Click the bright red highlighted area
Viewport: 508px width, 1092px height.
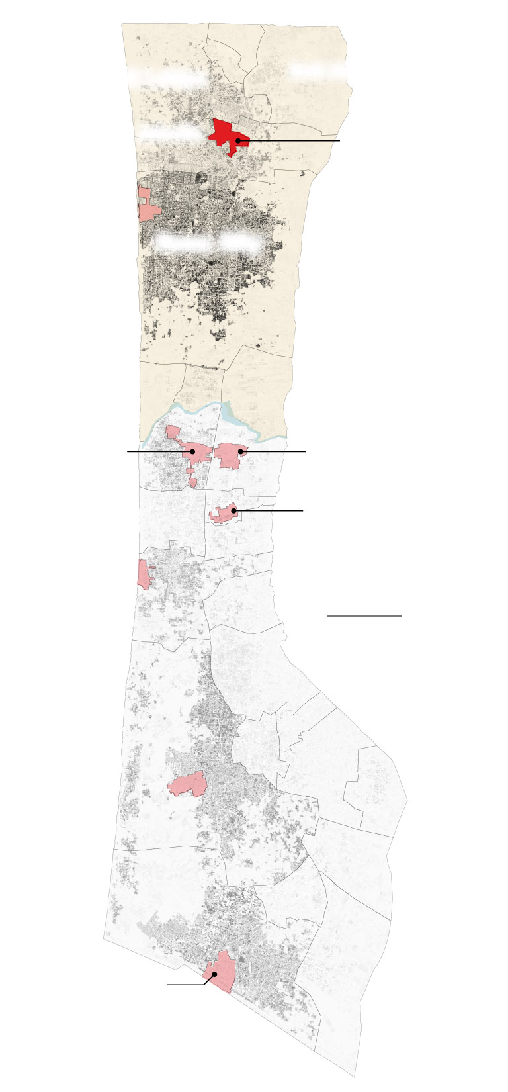pos(225,132)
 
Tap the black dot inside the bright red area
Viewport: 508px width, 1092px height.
pos(238,141)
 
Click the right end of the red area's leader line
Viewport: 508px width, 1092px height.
pos(339,141)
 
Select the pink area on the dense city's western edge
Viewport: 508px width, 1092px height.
pos(148,204)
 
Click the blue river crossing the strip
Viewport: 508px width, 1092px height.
pos(198,409)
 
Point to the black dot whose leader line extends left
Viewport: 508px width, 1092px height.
pos(192,451)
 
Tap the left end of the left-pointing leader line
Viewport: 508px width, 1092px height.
pos(128,451)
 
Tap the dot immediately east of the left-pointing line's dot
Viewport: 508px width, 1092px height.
pos(241,451)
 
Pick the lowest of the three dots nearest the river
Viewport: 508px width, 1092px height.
pos(233,511)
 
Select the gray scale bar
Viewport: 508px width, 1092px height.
pos(364,615)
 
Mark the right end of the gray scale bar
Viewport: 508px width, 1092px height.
pos(402,615)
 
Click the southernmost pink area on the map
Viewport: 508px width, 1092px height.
pos(220,972)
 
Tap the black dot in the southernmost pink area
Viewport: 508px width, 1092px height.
pos(214,974)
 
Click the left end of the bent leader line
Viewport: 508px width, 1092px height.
pos(167,985)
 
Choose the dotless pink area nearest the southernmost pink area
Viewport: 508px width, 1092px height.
pos(188,784)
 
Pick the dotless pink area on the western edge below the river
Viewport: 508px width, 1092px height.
pos(144,574)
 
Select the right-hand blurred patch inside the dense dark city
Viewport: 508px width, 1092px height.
pos(239,242)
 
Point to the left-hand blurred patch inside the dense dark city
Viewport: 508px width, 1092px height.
pos(183,242)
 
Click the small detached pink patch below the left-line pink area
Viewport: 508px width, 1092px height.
pos(192,482)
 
